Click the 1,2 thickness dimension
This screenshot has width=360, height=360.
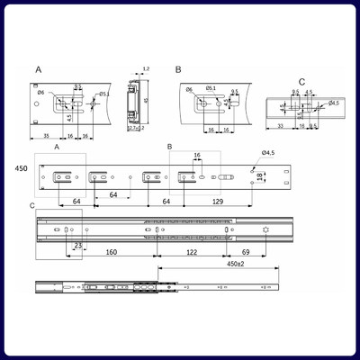145,69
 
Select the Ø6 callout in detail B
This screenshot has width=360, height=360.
189,90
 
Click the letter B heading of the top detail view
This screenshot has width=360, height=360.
178,68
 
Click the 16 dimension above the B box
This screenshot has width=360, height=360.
196,155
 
